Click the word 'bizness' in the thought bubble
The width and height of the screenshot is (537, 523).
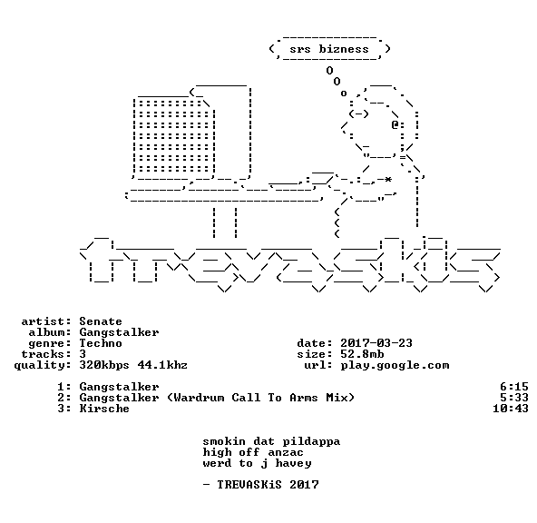344,49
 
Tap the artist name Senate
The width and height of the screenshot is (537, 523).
101,321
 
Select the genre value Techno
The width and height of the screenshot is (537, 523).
101,343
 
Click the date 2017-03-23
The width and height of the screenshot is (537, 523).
376,343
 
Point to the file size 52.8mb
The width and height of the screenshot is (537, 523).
362,354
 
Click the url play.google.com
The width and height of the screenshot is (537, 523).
395,365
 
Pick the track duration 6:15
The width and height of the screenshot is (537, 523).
514,387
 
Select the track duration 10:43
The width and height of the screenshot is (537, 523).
511,409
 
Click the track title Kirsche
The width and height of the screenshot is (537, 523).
104,409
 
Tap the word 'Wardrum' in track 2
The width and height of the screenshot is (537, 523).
199,398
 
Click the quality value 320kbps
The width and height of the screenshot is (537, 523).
104,365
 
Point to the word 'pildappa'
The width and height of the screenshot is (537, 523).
311,442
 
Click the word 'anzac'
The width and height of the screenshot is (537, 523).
286,453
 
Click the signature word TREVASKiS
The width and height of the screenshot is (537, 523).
249,485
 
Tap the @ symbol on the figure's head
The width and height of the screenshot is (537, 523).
395,124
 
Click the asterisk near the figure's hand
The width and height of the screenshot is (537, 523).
387,179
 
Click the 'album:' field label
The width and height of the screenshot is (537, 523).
50,332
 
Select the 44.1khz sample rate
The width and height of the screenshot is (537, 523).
162,365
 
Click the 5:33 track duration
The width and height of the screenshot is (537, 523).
514,398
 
